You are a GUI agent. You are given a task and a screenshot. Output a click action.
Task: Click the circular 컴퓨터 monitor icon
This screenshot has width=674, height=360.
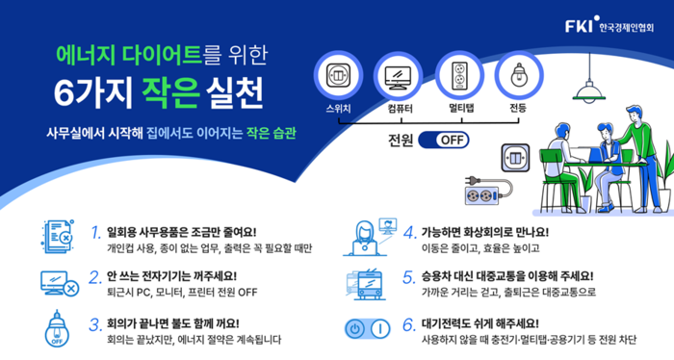397,75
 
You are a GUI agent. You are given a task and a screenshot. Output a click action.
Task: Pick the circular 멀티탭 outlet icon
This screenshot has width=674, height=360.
456,75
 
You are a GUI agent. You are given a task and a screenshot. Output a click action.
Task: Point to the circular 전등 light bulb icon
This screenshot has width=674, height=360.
518,75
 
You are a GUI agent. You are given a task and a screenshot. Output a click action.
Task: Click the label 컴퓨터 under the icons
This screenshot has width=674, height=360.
397,108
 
